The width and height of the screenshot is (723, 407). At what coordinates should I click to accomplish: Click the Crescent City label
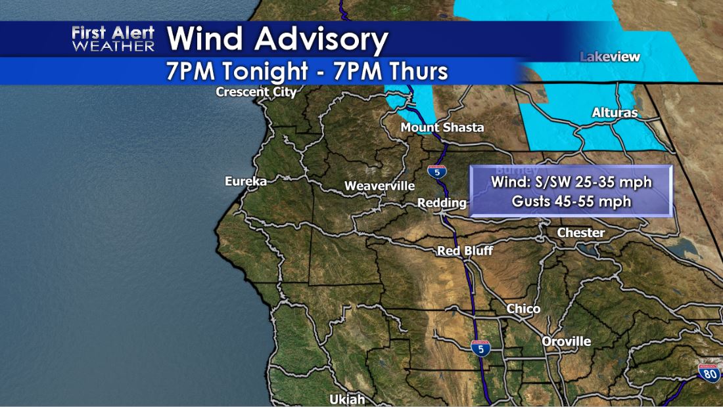(256, 93)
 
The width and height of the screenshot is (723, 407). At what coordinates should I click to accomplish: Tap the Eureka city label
(246, 181)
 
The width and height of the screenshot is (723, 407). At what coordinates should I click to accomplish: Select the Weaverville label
(380, 186)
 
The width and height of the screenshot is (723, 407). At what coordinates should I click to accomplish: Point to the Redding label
(442, 203)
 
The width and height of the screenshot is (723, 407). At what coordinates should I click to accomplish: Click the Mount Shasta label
(442, 127)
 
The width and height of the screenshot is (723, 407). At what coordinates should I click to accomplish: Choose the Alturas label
(615, 113)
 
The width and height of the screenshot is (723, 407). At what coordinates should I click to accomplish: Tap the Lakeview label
(610, 57)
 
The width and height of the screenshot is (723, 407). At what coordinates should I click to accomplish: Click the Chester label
(581, 232)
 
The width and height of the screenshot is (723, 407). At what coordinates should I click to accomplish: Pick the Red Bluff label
(465, 251)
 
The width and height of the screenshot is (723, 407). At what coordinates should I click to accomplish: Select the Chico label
(524, 309)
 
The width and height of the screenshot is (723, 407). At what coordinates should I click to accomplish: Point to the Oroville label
(567, 341)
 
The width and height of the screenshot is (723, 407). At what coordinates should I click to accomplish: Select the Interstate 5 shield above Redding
(436, 173)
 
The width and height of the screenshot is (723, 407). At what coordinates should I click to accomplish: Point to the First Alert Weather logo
(113, 39)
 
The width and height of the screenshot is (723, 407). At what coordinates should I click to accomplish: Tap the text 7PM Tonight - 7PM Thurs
(307, 71)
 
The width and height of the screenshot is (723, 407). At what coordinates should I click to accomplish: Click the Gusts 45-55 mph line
(572, 202)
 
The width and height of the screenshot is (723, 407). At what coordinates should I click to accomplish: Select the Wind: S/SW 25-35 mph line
(572, 182)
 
